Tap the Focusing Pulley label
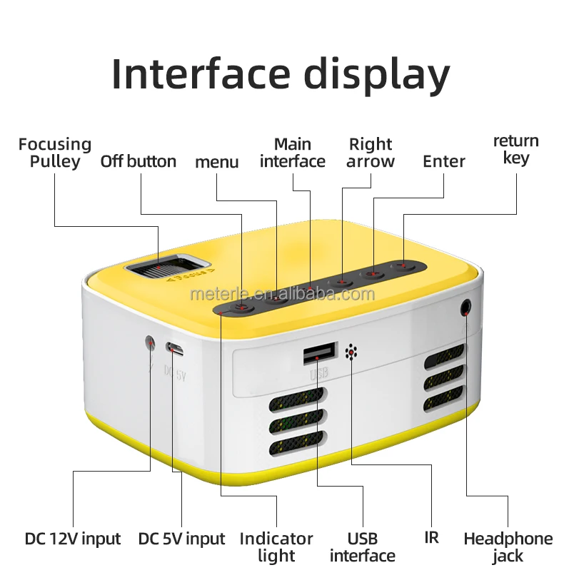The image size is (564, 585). pos(55,153)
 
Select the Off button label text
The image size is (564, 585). pos(138,161)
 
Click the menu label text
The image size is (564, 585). pos(217,162)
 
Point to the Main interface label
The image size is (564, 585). pos(293,153)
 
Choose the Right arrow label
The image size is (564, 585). pos(371,153)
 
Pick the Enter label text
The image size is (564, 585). pos(444,161)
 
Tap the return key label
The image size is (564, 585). pos(516,149)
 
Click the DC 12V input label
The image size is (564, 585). pos(73,539)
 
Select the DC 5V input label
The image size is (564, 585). pos(181,539)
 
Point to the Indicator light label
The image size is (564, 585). pos(276,546)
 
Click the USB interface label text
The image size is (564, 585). pos(363,546)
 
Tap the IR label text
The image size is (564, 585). pos(431,537)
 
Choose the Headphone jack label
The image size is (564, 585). pos(508,546)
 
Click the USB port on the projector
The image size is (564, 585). pos(319,353)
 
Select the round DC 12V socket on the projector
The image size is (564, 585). pos(151,342)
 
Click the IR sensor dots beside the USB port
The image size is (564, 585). pos(351,352)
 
